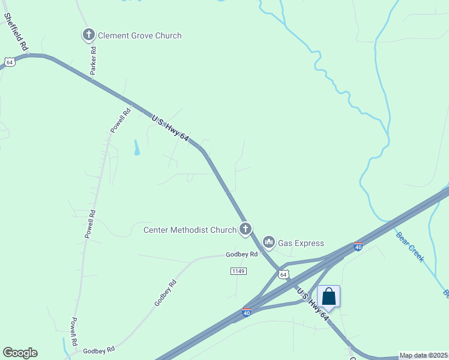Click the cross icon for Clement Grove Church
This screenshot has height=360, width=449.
(x=89, y=35)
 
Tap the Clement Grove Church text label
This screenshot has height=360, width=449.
(x=139, y=35)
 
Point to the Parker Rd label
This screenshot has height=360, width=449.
(x=93, y=61)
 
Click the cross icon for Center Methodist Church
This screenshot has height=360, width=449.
(x=245, y=229)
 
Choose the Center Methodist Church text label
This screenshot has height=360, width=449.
(x=190, y=230)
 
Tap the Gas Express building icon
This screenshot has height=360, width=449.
(x=268, y=242)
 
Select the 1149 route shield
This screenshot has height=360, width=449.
(x=238, y=271)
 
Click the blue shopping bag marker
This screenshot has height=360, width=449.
(x=328, y=296)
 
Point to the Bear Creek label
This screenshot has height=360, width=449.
(x=411, y=246)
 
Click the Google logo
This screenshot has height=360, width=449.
(x=20, y=353)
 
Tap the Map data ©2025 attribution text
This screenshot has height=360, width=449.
(x=424, y=355)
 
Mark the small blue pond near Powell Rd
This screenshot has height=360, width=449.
(x=136, y=148)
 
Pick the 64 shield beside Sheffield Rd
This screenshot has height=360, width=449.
(x=9, y=61)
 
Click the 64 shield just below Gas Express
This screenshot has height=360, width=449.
(x=283, y=274)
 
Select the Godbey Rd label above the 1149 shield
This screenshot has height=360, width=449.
(x=241, y=254)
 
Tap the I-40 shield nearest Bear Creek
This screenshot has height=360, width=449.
(x=358, y=246)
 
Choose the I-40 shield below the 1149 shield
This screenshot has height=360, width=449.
(x=247, y=313)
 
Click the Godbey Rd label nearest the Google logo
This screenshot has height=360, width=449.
(x=98, y=350)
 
